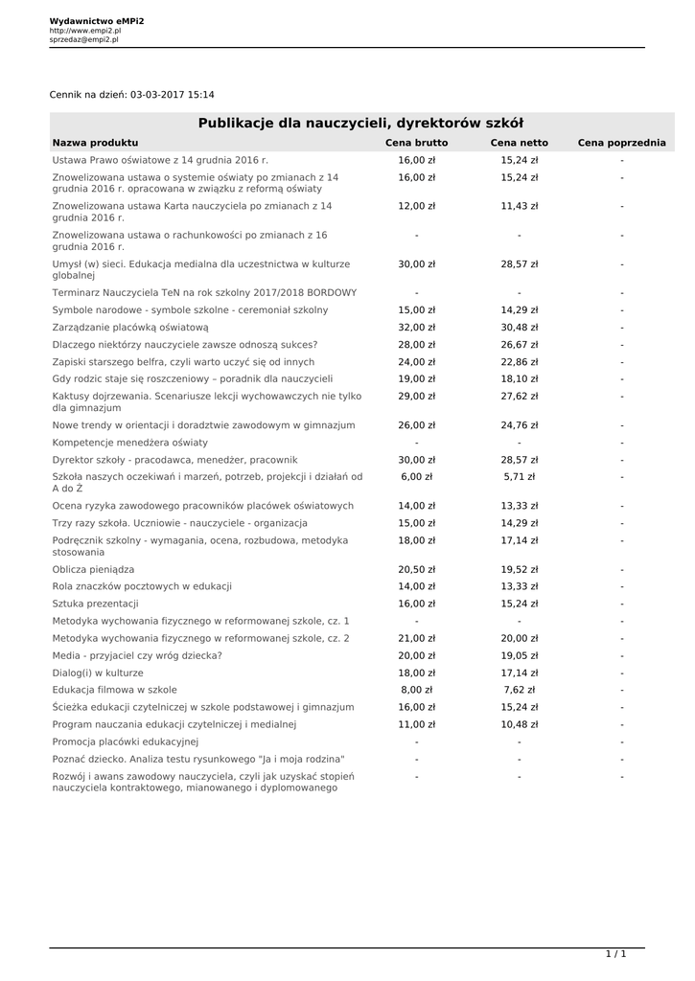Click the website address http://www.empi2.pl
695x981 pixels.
(85, 31)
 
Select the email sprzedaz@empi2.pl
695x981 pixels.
(84, 40)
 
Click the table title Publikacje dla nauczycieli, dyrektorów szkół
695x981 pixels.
(360, 123)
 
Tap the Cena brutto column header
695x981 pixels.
(416, 143)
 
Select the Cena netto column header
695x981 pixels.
(520, 143)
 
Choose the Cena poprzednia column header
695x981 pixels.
(621, 143)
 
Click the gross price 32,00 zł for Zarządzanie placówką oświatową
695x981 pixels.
(416, 328)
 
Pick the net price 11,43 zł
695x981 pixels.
(520, 206)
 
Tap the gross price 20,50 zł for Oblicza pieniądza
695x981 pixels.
(416, 569)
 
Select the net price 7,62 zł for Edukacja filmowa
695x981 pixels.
(520, 690)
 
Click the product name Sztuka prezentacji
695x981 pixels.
(96, 604)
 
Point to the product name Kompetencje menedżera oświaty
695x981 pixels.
(129, 443)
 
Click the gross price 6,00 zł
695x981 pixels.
(416, 476)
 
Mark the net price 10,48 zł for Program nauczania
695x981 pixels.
(520, 724)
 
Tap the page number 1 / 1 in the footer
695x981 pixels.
(615, 954)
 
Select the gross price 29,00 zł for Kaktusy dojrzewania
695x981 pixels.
(416, 396)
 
